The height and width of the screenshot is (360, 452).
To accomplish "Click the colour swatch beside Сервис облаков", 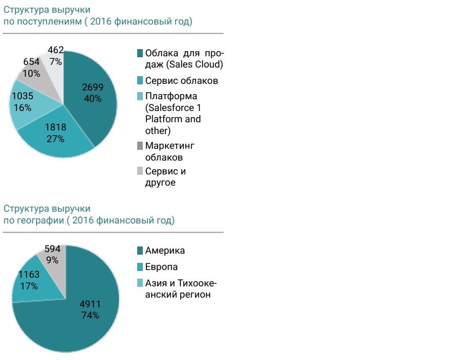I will coord(140,81).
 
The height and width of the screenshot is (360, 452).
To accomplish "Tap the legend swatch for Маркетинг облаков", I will coord(140,146).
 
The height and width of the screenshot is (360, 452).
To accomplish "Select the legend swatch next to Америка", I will coord(140,251).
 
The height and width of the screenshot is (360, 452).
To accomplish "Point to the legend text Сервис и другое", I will coord(165,177).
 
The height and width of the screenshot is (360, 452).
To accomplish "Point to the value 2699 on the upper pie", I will coord(93,87).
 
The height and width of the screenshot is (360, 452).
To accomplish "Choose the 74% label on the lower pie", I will coord(91,316).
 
